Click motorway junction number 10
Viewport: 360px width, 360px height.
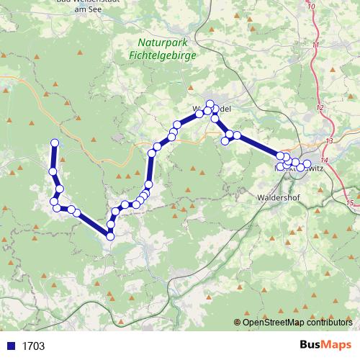311,6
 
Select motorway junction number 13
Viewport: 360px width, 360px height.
329,140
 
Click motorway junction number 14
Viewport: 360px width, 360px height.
324,159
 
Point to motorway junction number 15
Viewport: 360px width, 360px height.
350,204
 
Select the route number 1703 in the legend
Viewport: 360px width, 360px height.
32,346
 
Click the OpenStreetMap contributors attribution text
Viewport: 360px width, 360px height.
298,322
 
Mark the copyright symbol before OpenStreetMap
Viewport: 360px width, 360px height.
238,322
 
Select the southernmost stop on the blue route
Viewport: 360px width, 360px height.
110,235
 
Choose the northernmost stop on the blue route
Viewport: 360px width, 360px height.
210,103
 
